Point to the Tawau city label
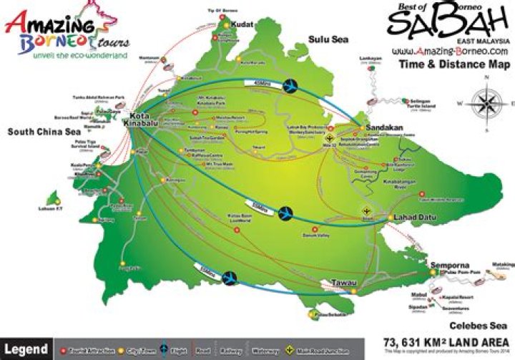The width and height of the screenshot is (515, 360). (343, 283)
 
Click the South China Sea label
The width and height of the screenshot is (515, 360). (42, 132)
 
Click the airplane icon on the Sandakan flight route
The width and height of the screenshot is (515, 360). (291, 86)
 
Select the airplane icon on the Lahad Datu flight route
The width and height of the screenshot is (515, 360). (285, 213)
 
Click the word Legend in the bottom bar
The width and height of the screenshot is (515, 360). (26, 350)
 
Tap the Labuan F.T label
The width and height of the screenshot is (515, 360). (51, 209)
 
